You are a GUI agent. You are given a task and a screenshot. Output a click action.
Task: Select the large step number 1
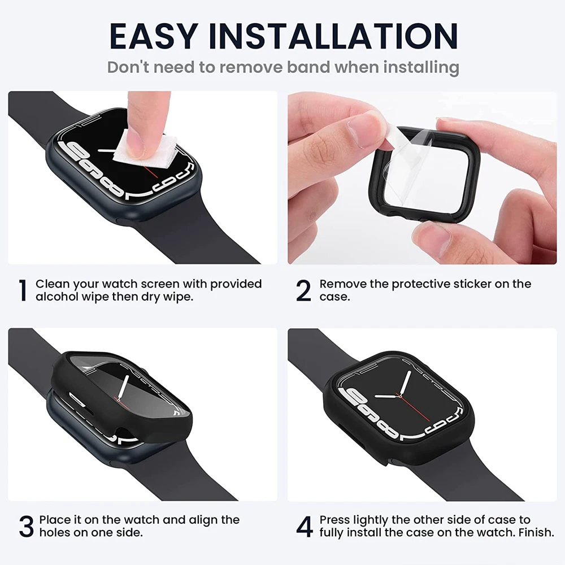click(23, 290)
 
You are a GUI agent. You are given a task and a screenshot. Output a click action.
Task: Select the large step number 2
click(303, 290)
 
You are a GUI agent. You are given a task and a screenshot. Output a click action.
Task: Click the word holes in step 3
click(54, 533)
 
